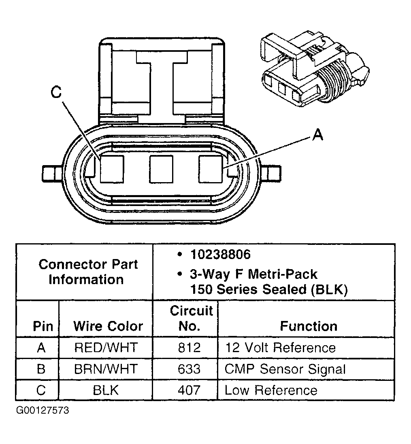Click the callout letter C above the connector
56,93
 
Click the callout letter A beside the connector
318,135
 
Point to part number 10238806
221,255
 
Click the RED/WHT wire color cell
106,348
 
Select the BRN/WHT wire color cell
106,369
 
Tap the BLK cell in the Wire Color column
106,390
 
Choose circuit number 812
189,348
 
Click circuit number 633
189,369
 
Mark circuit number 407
189,390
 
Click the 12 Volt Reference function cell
280,348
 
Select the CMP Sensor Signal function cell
285,369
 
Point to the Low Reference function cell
271,390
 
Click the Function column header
309,326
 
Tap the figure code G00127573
43,410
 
